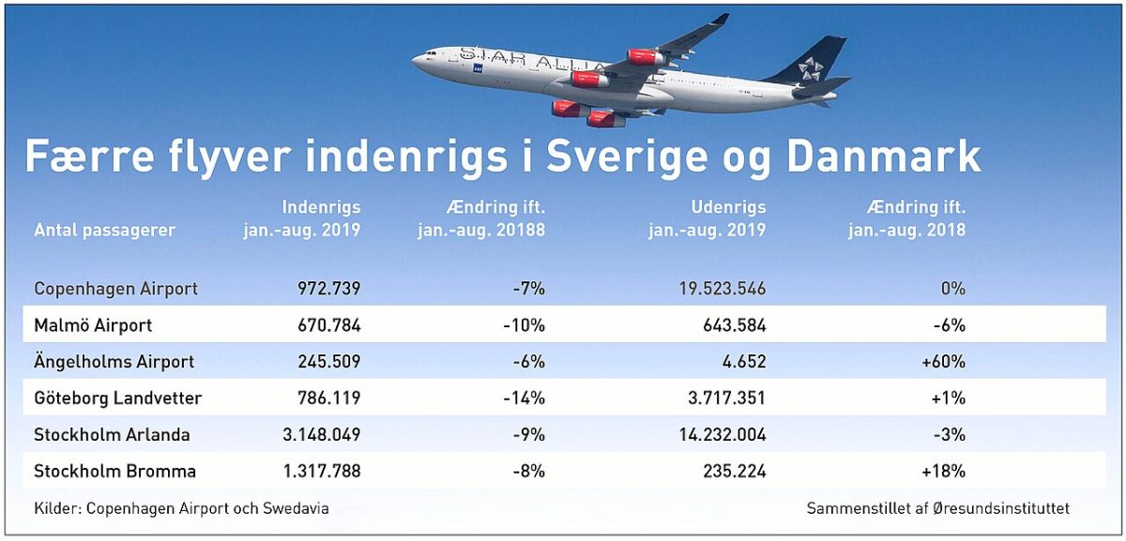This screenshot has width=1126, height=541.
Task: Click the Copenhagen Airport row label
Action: point(115,289)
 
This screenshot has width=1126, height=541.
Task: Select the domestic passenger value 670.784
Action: point(329,325)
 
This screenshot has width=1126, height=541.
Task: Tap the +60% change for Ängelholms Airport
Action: point(944,362)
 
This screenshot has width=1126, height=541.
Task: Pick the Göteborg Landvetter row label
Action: point(117,398)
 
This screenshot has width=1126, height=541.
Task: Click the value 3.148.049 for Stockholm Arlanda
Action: point(322,434)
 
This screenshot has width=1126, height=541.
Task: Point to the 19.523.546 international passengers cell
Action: point(723,289)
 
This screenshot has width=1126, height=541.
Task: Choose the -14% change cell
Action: point(525,398)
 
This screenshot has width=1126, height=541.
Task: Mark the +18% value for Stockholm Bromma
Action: point(944,472)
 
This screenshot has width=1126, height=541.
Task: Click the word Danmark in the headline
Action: point(884,157)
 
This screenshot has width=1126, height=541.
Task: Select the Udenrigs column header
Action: point(728,207)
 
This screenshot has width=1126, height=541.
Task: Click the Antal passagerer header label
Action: point(104,231)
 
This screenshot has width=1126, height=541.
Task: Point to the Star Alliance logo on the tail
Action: point(811,68)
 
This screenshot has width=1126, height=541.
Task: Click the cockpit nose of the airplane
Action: point(419,59)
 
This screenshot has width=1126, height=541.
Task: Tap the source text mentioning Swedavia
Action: point(181,508)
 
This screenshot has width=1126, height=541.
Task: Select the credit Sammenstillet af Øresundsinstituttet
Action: point(938,508)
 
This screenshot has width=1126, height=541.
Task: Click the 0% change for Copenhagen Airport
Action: point(953,289)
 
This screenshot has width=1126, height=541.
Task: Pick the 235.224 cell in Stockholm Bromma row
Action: point(735,472)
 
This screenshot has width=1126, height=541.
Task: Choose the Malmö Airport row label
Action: point(93,325)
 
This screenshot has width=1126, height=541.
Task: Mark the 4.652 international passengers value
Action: point(744,362)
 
